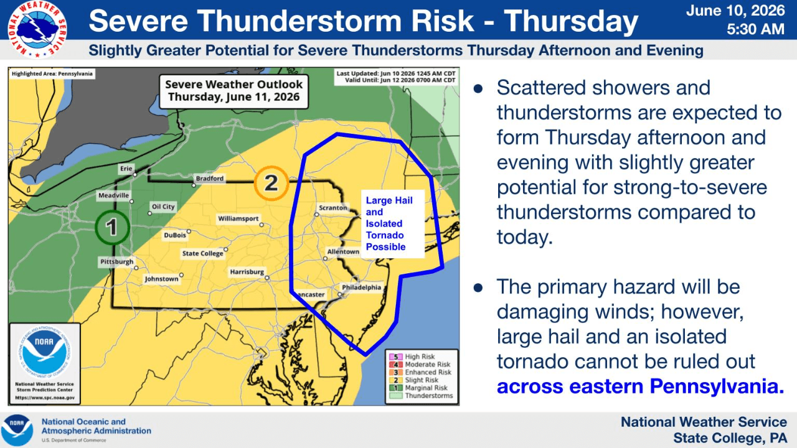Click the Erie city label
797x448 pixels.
(x=126, y=169)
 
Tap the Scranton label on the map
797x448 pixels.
(x=332, y=208)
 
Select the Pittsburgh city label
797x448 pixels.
(x=116, y=262)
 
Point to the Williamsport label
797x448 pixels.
(x=238, y=218)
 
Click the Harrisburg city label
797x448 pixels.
(x=247, y=272)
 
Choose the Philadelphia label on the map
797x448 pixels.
(x=362, y=287)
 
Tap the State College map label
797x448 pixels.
(x=202, y=253)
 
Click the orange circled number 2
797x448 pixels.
(x=271, y=183)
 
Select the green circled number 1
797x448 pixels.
(x=112, y=227)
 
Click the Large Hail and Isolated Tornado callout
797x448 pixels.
(x=393, y=223)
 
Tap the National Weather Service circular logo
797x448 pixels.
(x=37, y=29)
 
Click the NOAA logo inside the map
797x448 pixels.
(x=44, y=352)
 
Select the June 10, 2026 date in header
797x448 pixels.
(x=735, y=11)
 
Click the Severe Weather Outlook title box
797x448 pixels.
(x=233, y=91)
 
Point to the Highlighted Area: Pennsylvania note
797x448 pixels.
(x=52, y=73)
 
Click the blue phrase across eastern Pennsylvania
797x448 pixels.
(x=641, y=386)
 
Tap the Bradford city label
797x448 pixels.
(x=210, y=179)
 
